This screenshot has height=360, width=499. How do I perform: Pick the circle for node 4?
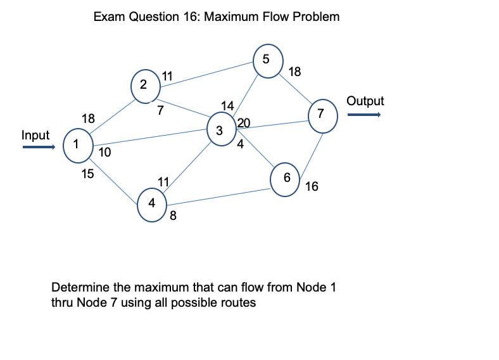[x=151, y=204]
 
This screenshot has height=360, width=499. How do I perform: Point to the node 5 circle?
[x=267, y=60]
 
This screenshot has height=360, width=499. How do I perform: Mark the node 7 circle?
[x=322, y=115]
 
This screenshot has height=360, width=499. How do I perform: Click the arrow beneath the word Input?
[x=39, y=148]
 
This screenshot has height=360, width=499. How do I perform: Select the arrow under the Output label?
[x=363, y=115]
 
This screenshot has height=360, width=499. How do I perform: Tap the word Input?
[x=35, y=134]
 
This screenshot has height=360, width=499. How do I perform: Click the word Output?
[x=365, y=101]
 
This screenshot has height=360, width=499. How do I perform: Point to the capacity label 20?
[x=244, y=123]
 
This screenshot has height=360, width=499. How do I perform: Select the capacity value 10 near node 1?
[x=104, y=152]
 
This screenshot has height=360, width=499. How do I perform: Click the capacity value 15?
[x=88, y=174]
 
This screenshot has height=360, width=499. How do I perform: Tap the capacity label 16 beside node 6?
[x=312, y=186]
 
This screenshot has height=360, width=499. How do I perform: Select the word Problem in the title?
[x=316, y=16]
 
